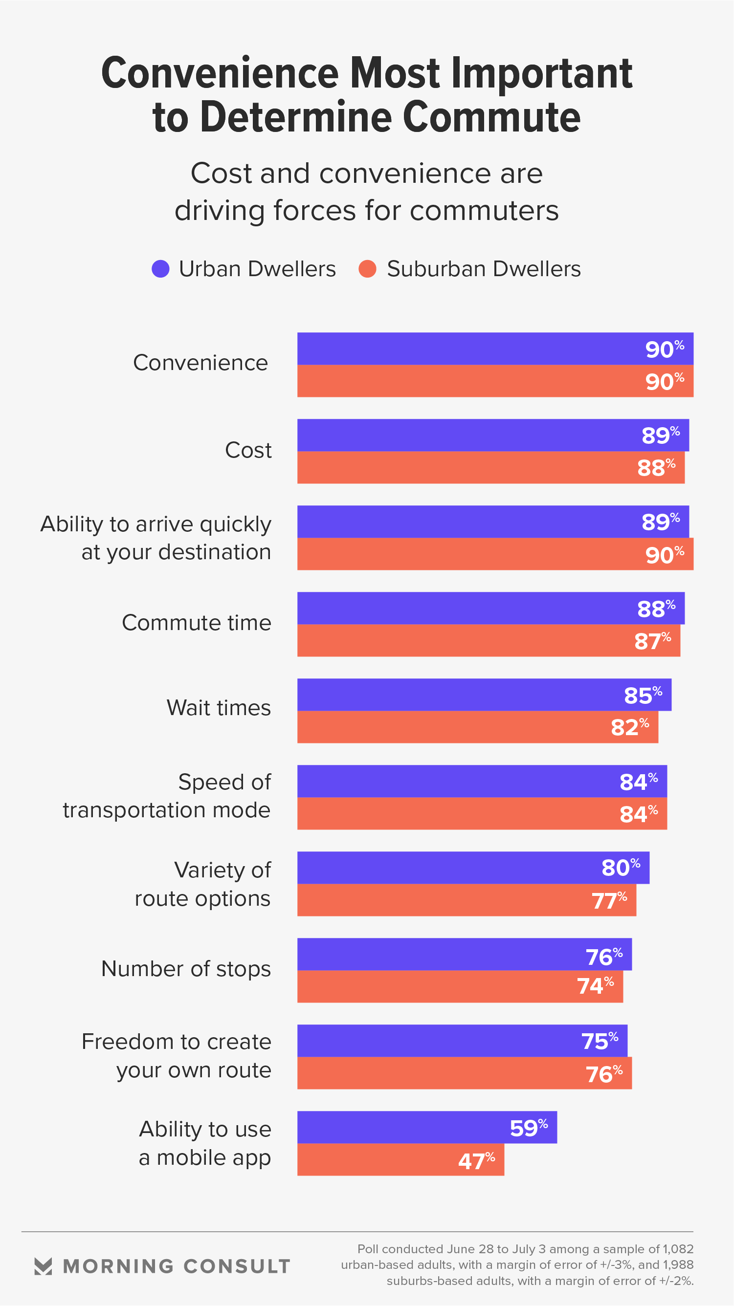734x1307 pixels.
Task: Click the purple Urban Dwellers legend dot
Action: coord(160,269)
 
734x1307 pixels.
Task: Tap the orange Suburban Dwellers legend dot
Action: coord(367,269)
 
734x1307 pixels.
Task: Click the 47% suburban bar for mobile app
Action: coord(400,1159)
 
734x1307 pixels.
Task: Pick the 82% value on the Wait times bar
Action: coord(629,727)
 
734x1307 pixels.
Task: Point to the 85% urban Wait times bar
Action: coord(483,695)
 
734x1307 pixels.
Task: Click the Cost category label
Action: coord(248,450)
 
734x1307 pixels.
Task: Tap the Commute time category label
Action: coord(197,623)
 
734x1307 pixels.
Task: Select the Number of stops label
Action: coord(186,969)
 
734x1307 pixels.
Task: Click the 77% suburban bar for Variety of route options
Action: coord(466,900)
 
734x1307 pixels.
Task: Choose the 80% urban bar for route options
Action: coord(472,868)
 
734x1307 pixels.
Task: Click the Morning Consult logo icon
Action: coord(43,1266)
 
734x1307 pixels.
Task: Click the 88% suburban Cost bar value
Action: coord(656,467)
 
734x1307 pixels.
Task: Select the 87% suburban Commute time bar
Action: coord(488,640)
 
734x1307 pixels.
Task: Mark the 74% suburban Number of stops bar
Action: coord(459,986)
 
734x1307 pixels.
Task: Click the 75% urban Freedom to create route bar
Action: coord(462,1041)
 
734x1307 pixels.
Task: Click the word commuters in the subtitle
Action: coord(484,211)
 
